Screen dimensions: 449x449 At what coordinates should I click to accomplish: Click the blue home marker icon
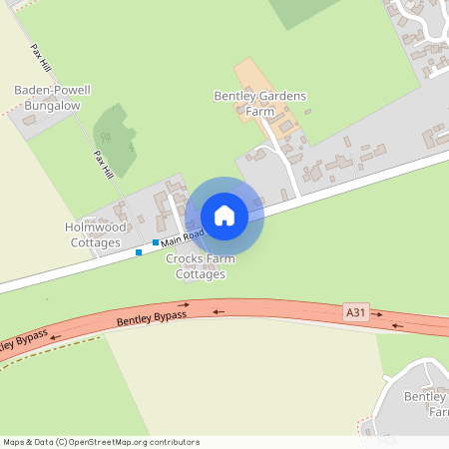224,216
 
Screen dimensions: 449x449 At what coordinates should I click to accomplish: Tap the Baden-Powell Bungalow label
52,97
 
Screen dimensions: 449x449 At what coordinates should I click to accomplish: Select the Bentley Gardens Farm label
259,103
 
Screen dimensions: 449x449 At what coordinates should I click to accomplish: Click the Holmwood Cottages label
93,234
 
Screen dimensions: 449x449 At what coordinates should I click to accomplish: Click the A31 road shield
356,312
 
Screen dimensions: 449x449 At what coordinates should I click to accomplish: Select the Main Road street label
183,237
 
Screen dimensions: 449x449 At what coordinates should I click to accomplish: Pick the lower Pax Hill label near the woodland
102,165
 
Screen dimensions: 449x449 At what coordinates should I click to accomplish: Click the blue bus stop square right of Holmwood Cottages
156,242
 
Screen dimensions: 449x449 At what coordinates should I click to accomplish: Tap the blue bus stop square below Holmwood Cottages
139,252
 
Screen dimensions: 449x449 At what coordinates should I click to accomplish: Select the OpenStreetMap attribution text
100,441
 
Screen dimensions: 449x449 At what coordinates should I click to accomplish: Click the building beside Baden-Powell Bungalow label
29,119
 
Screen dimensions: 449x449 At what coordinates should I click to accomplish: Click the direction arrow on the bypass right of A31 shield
396,324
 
